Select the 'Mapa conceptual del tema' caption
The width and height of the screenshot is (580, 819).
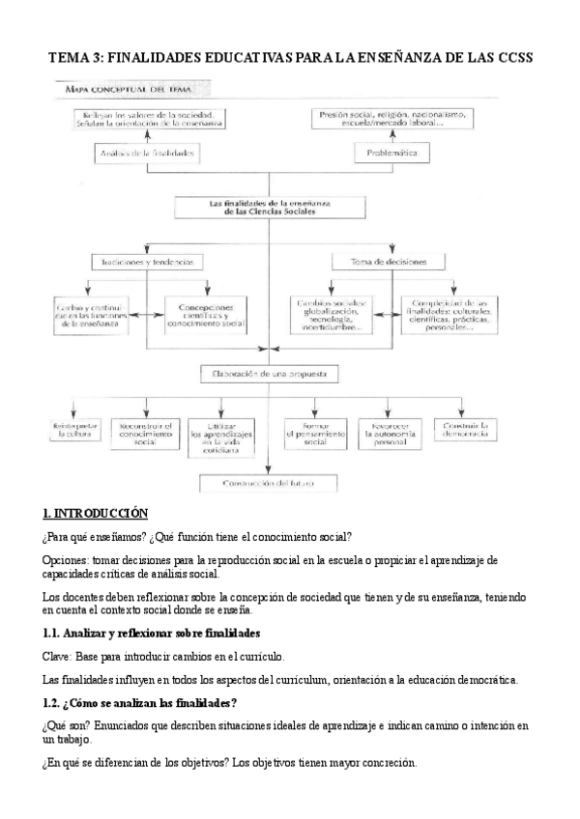coord(122,89)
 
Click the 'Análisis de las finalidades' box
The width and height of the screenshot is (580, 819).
coord(148,153)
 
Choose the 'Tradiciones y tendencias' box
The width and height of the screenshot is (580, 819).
coord(148,262)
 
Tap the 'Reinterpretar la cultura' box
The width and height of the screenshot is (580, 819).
coord(74,431)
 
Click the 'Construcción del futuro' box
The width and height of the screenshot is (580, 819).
coord(270,482)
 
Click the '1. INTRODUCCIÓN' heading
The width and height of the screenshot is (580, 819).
coord(95,513)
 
